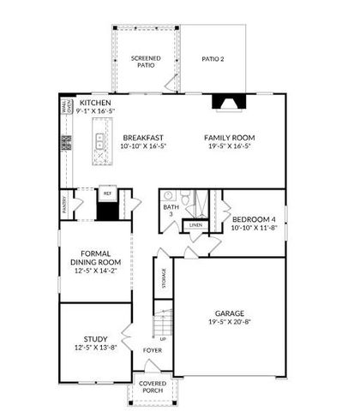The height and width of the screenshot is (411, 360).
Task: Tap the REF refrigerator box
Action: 107,194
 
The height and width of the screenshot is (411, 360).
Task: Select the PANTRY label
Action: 63,205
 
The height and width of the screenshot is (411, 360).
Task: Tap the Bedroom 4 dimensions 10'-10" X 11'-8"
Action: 255,227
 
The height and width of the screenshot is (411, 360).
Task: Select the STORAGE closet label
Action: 164,279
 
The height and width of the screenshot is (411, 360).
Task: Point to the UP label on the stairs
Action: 163,339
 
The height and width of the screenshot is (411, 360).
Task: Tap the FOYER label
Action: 152,350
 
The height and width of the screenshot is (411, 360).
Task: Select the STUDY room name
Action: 95,338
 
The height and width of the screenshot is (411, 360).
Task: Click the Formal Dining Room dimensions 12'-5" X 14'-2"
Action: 95,272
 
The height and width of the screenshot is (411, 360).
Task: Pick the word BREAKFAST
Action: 143,137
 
